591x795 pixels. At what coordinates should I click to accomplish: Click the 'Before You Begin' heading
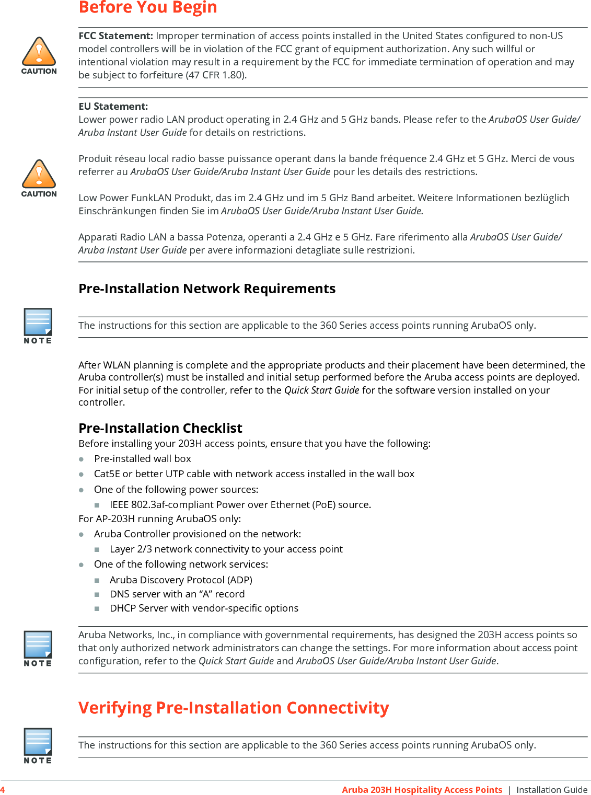tap(147, 8)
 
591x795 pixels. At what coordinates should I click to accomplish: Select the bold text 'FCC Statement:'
tap(115, 36)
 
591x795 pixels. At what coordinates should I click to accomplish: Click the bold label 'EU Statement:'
tap(113, 107)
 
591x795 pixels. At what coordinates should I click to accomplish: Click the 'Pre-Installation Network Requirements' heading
tap(207, 289)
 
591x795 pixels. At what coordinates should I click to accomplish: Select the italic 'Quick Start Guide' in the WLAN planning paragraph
tap(321, 390)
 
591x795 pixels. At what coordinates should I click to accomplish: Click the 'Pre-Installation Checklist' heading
tap(160, 429)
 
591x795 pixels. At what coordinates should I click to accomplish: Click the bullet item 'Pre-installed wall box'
tap(142, 459)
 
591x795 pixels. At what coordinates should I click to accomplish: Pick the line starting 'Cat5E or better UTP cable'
tap(254, 474)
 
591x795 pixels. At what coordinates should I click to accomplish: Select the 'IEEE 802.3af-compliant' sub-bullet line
tap(240, 505)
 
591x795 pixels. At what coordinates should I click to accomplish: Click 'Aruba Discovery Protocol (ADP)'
tap(181, 580)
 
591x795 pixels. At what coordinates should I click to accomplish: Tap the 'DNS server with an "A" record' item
tap(177, 594)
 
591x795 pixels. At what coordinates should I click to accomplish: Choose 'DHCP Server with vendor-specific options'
tap(204, 608)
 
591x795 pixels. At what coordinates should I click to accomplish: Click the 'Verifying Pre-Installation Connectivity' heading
tap(234, 708)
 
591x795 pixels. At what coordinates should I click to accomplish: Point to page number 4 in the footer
tap(3, 790)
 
